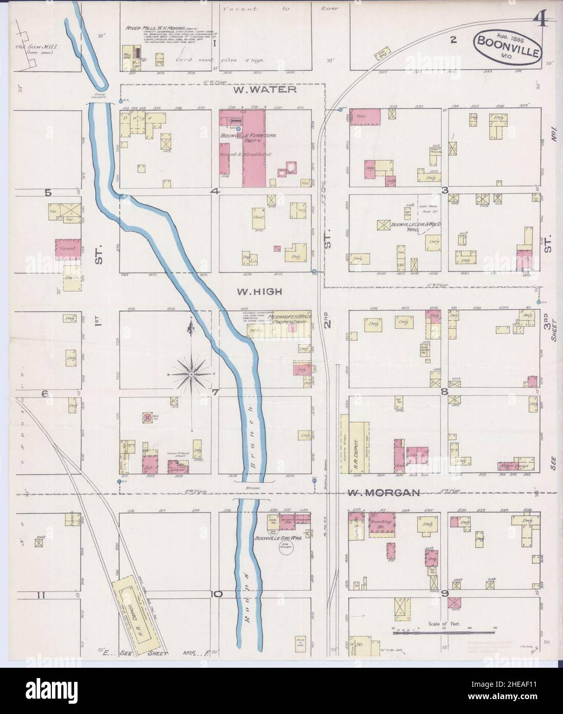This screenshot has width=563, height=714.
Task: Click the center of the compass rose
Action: (x=192, y=374)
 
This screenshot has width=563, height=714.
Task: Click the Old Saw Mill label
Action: (x=38, y=64)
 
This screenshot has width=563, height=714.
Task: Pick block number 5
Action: (x=48, y=193)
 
